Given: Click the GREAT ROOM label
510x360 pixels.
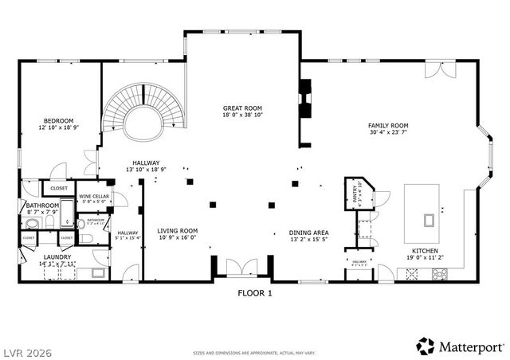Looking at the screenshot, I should (x=242, y=108).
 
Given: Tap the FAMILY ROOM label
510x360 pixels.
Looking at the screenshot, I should (x=387, y=126).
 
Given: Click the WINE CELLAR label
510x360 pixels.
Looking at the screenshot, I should (x=94, y=196).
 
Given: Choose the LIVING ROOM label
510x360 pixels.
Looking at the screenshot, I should (x=177, y=230).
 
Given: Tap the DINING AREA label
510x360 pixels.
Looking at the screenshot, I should (x=308, y=233).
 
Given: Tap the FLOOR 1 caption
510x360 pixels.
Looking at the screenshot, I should (x=255, y=293).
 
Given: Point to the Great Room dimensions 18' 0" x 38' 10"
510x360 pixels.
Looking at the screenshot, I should (x=242, y=115).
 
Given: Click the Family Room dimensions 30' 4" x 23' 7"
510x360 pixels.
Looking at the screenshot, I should (x=387, y=133).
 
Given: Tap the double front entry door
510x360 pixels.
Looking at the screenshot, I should (x=241, y=268).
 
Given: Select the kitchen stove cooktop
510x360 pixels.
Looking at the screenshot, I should (x=439, y=275).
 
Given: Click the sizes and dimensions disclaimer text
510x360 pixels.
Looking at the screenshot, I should (x=254, y=351).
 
